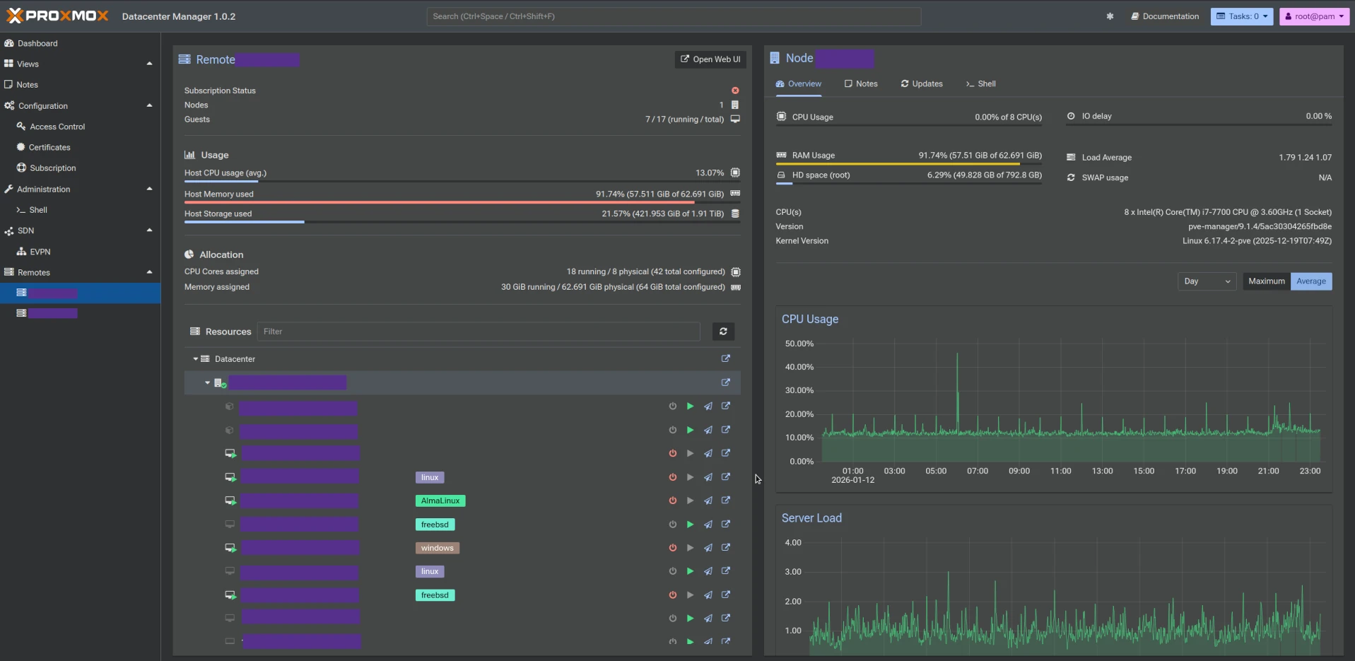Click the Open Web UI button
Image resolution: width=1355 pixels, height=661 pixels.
[x=710, y=59]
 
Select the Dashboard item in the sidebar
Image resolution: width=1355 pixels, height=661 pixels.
[x=37, y=43]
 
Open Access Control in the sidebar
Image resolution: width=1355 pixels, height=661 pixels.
[x=57, y=127]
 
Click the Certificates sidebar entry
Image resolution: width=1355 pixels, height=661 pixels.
[x=49, y=147]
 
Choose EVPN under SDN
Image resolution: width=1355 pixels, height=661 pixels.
[x=40, y=252]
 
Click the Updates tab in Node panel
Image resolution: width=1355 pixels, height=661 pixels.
[x=922, y=83]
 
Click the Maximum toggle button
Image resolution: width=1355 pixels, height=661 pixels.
[x=1266, y=281]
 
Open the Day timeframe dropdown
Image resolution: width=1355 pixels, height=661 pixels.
[x=1207, y=281]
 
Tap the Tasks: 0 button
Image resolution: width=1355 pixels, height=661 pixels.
[x=1242, y=16]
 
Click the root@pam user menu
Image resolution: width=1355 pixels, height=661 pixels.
[x=1314, y=16]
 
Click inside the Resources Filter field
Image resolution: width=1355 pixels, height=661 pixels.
[x=479, y=332]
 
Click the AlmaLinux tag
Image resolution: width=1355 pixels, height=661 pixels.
[x=440, y=501]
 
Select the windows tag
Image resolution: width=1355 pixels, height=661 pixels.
[x=437, y=548]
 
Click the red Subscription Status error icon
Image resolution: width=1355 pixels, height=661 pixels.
[x=735, y=90]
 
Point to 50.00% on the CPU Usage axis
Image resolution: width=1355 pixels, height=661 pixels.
[x=799, y=344]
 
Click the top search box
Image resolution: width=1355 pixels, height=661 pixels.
[x=673, y=16]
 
